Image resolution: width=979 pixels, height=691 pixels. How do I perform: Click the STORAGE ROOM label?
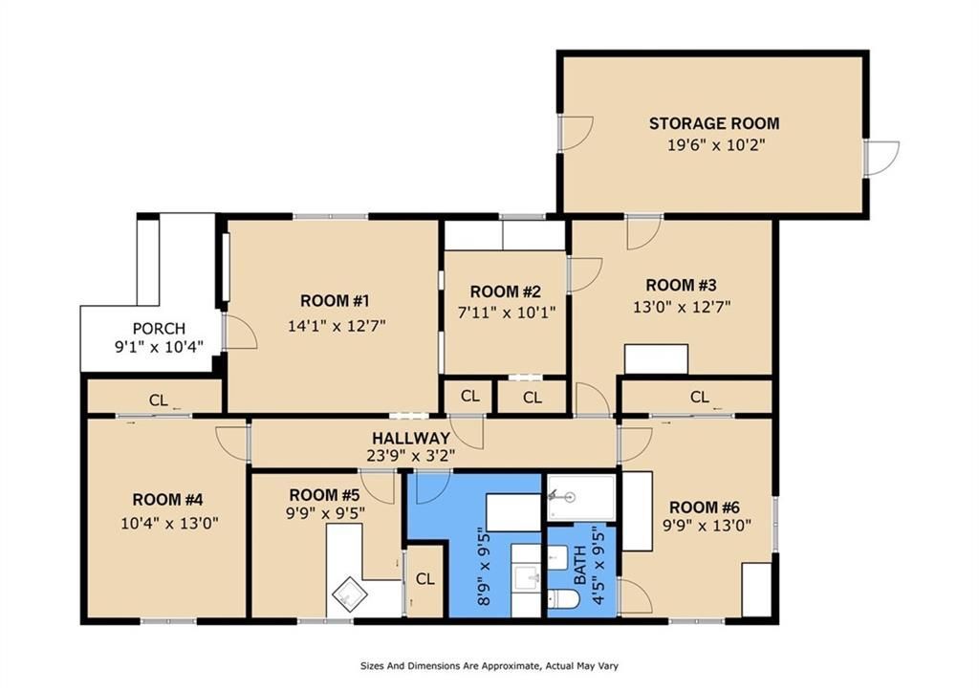pyautogui.click(x=713, y=123)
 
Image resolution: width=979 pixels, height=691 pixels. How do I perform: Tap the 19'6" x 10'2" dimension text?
pyautogui.click(x=716, y=145)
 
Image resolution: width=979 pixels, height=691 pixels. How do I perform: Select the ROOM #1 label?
pyautogui.click(x=335, y=301)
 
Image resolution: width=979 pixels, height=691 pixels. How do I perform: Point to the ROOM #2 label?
pyautogui.click(x=505, y=292)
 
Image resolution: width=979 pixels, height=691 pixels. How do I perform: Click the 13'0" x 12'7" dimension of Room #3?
pyautogui.click(x=682, y=307)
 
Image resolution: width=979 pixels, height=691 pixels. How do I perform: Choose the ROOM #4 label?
pyautogui.click(x=167, y=500)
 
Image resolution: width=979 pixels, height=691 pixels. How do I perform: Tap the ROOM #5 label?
pyautogui.click(x=324, y=496)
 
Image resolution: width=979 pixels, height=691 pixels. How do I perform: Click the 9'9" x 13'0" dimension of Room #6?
pyautogui.click(x=707, y=525)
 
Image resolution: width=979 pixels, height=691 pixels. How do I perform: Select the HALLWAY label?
pyautogui.click(x=411, y=438)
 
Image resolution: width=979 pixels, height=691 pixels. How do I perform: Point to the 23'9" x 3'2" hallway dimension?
pyautogui.click(x=411, y=456)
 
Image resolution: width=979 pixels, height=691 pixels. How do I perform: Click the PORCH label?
pyautogui.click(x=160, y=329)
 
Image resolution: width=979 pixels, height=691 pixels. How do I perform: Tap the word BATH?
pyautogui.click(x=580, y=565)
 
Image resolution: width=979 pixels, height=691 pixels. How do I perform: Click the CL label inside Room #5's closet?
pyautogui.click(x=425, y=578)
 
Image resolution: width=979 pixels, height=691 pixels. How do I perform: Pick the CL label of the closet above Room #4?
pyautogui.click(x=159, y=400)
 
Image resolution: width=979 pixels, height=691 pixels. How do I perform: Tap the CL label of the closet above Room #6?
pyautogui.click(x=700, y=397)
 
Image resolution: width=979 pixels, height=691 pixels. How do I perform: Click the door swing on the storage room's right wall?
pyautogui.click(x=881, y=158)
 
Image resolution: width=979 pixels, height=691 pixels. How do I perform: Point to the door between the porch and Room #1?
pyautogui.click(x=240, y=332)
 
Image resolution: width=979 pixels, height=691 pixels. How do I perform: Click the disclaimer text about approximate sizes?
pyautogui.click(x=489, y=666)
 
